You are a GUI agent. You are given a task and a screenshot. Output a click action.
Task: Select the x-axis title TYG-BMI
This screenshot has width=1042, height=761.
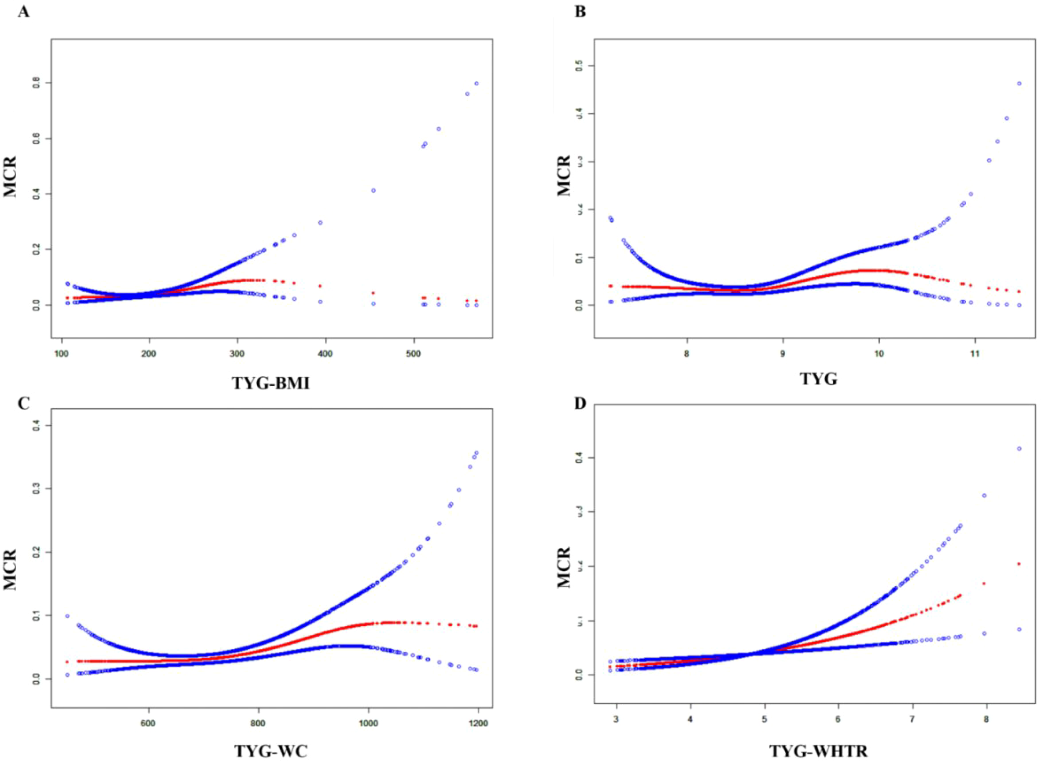point(271,382)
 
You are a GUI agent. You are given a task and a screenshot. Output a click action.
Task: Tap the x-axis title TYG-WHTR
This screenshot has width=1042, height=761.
point(818,751)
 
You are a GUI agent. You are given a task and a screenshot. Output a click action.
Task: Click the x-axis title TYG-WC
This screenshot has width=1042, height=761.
point(271,751)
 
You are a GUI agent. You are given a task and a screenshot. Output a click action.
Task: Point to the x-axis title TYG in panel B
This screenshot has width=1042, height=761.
point(818,379)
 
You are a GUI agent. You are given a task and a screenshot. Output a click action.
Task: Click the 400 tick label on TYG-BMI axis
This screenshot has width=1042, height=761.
point(326,354)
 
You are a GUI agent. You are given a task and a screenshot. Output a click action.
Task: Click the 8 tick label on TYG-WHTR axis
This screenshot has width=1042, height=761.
point(986,718)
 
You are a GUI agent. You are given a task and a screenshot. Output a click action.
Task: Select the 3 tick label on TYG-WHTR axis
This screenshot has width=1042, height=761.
point(616,718)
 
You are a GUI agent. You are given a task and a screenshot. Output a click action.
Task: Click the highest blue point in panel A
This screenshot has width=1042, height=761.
point(476,83)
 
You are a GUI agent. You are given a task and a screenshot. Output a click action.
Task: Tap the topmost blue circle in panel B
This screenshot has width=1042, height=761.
point(1019,83)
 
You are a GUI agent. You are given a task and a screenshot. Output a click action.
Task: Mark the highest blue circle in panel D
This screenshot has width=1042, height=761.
point(1019,448)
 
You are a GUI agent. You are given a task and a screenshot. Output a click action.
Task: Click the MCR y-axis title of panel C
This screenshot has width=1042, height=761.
point(10,569)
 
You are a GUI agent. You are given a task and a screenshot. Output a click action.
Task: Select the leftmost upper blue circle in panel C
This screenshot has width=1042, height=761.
point(67,616)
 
